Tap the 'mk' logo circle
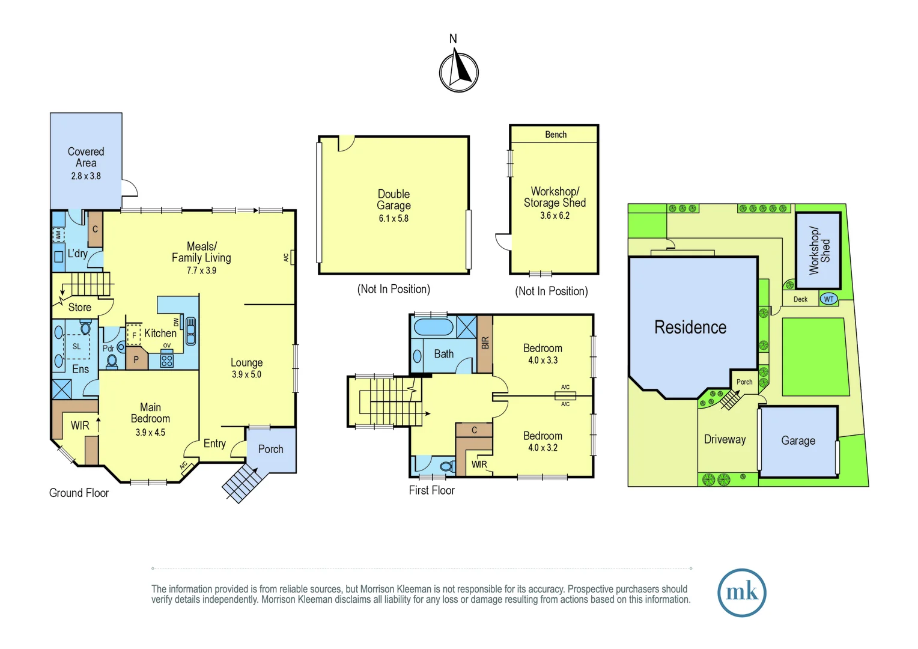[x=741, y=593]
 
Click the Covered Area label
[x=86, y=157]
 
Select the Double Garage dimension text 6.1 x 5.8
[x=394, y=219]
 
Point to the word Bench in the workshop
[x=556, y=135]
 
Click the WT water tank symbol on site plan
[x=828, y=299]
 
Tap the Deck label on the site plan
[x=800, y=299]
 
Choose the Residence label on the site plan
[x=690, y=328]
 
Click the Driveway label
[x=725, y=439]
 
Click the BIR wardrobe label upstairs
[x=485, y=343]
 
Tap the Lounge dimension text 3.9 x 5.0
[x=246, y=374]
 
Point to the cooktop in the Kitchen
[x=167, y=361]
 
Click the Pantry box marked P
[x=136, y=359]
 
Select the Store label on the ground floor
[x=80, y=308]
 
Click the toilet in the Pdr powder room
[x=112, y=361]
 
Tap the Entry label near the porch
[x=214, y=443]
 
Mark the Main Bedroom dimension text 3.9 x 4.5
[x=150, y=433]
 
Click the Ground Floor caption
[x=79, y=493]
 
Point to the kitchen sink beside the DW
[x=190, y=331]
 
